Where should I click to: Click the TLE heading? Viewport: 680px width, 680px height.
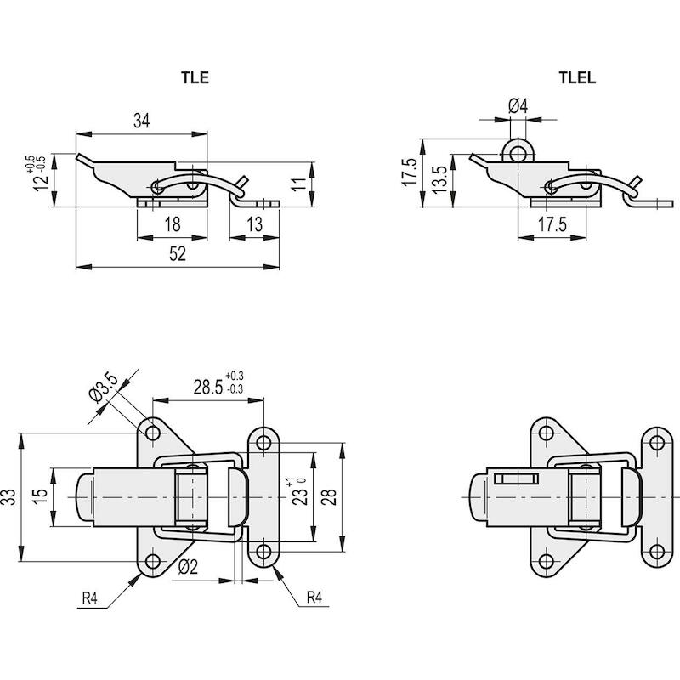point(195,77)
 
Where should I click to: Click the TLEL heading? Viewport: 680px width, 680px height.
point(577,77)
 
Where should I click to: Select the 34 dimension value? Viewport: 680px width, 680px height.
point(142,121)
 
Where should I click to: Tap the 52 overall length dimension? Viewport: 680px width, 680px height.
point(178,253)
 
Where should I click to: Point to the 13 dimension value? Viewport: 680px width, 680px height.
point(254,224)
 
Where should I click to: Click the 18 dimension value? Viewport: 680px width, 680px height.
point(173,224)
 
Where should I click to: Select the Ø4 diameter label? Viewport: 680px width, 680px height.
point(518,105)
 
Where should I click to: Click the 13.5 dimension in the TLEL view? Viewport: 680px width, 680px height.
point(439,179)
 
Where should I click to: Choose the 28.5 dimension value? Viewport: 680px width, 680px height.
point(207,387)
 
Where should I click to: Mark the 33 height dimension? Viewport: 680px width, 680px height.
point(9,497)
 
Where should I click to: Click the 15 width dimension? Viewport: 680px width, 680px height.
point(40,497)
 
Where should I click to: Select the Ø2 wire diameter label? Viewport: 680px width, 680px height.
point(188,566)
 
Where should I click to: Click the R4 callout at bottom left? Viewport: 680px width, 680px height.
point(90,599)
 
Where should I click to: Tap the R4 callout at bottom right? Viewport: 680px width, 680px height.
point(314,598)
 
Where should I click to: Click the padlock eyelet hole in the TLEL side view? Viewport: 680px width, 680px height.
point(518,153)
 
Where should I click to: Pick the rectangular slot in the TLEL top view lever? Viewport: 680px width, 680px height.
point(517,479)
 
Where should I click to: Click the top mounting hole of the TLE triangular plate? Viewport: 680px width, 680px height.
point(153,433)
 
